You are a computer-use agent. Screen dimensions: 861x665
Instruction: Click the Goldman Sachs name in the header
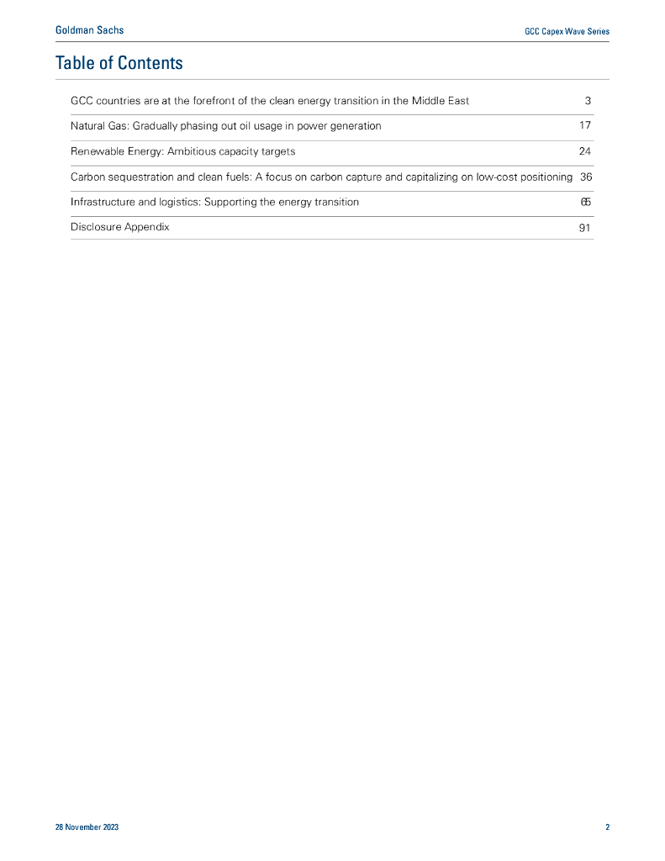point(89,30)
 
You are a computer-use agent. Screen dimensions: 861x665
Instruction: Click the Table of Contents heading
point(119,63)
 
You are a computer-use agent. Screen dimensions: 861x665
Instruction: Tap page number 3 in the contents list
point(588,101)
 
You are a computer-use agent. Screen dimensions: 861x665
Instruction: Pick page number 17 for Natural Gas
point(585,126)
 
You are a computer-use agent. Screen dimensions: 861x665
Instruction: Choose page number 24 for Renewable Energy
point(585,151)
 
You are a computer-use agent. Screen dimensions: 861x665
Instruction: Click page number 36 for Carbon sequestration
point(586,177)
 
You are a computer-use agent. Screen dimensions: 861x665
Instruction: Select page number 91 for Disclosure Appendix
point(585,228)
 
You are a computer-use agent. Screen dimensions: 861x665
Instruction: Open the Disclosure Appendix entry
point(119,227)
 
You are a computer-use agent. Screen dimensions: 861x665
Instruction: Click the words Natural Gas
point(98,126)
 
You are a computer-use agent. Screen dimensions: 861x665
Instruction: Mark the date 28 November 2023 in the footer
point(87,827)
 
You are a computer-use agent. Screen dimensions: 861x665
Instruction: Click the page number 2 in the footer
point(607,827)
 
